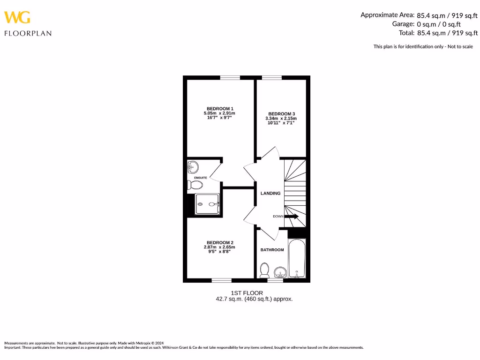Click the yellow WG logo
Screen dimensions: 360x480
(x=17, y=17)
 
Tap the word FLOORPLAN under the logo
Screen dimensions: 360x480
(x=28, y=33)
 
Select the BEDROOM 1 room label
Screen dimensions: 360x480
(x=219, y=109)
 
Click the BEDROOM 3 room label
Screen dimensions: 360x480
(x=281, y=114)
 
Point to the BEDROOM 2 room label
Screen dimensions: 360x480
(x=219, y=242)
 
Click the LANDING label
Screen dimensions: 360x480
(x=270, y=193)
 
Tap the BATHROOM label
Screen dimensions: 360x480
(x=272, y=250)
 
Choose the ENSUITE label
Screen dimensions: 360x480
(x=201, y=178)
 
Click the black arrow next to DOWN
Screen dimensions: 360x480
(x=292, y=216)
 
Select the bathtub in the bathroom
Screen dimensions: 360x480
(x=297, y=259)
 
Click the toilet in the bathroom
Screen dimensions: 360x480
(x=264, y=270)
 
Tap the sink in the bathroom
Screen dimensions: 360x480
(x=280, y=271)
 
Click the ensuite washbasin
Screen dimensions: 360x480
(x=193, y=166)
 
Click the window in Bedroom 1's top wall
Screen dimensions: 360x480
(x=230, y=78)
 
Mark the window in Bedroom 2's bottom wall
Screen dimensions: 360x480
(x=221, y=280)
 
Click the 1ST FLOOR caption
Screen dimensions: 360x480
(x=254, y=293)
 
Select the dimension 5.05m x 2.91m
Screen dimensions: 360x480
(x=219, y=113)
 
